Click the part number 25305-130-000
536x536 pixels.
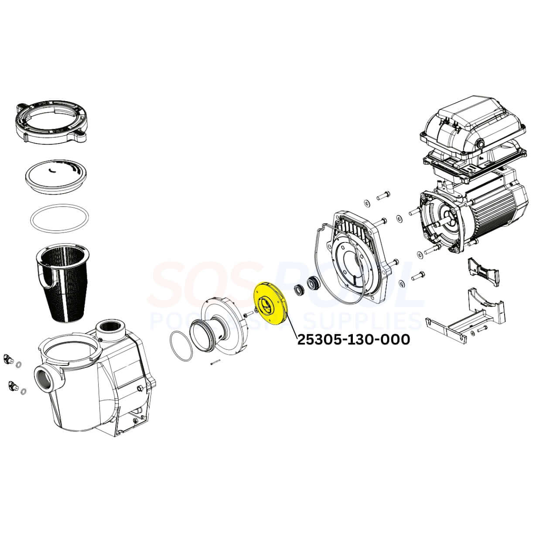(354, 340)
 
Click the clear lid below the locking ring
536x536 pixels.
(55, 176)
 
